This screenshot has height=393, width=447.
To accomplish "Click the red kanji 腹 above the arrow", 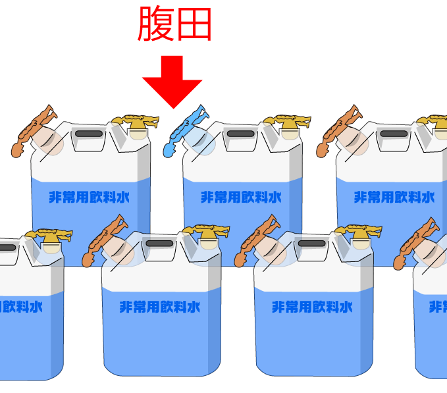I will click(156, 24).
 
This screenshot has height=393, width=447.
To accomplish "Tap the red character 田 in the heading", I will click(194, 25).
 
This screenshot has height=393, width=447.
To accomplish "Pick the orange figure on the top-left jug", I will click(32, 130).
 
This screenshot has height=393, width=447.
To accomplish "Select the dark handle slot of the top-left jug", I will click(88, 134).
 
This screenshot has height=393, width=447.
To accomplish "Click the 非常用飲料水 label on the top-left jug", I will click(90, 197).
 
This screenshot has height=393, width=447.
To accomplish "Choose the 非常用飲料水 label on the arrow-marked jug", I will click(241, 197).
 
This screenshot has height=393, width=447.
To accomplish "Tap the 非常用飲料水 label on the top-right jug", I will click(394, 197).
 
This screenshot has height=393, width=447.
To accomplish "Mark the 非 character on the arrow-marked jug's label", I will click(207, 197).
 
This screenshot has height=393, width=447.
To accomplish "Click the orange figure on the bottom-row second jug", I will click(109, 240).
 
